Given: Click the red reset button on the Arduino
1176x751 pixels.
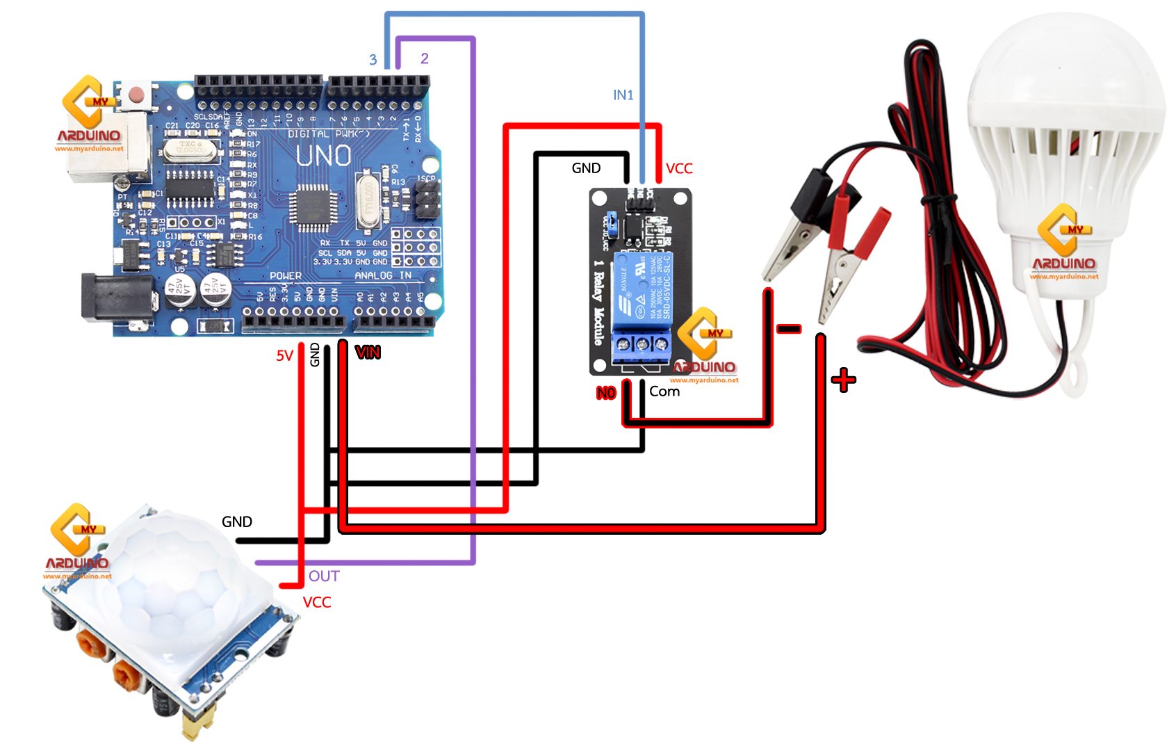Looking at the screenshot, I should click(137, 95).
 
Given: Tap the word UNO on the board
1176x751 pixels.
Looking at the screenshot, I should click(323, 156).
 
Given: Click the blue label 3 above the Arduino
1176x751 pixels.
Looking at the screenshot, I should click(373, 60).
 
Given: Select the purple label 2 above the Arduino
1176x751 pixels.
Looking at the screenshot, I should click(425, 58).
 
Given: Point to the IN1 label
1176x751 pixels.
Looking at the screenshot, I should click(623, 95).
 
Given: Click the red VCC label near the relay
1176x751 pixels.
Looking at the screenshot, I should click(679, 168).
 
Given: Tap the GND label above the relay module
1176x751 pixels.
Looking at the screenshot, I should click(586, 168).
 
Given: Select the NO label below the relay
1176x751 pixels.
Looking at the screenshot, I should click(606, 393).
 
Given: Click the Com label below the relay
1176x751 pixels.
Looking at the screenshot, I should click(664, 391).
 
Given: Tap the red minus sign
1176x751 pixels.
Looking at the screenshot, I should click(789, 329).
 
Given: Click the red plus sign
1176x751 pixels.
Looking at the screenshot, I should click(844, 380).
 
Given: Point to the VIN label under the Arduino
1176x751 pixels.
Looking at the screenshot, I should click(368, 353).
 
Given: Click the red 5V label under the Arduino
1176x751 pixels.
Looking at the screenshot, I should click(284, 356).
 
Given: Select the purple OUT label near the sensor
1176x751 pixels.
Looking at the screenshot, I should click(324, 576).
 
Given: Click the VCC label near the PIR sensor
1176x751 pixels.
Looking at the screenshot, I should click(317, 602).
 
